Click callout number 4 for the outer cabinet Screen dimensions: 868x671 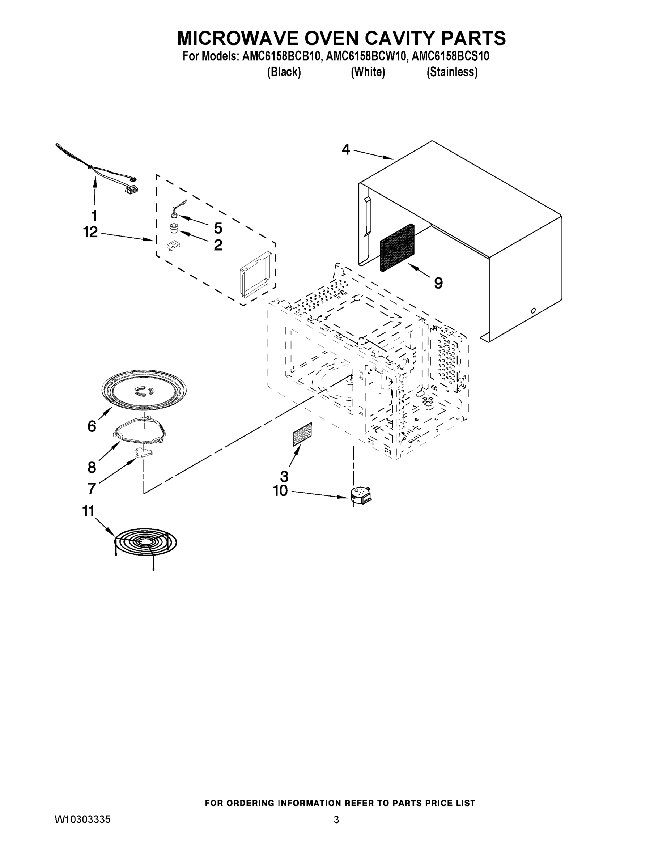pos(346,150)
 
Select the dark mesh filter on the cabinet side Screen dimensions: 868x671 pos(397,248)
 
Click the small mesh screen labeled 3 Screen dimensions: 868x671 pos(302,434)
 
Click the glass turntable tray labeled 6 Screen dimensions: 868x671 pos(144,389)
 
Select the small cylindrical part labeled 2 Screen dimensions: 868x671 pos(174,229)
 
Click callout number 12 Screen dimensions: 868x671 pos(91,232)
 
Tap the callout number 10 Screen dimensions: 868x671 pos(280,491)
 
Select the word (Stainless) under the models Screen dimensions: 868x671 pos(452,72)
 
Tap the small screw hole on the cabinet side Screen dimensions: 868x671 pos(533,310)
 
